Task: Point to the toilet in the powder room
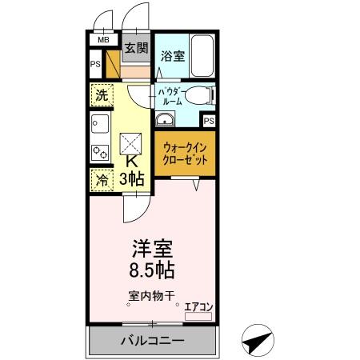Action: click(x=203, y=95)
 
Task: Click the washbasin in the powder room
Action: click(x=165, y=120)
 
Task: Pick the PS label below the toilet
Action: click(x=208, y=121)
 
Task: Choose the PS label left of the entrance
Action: click(x=95, y=64)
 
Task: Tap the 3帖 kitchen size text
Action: click(x=131, y=179)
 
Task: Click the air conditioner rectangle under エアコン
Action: click(x=199, y=317)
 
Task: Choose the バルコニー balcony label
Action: click(x=153, y=341)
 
